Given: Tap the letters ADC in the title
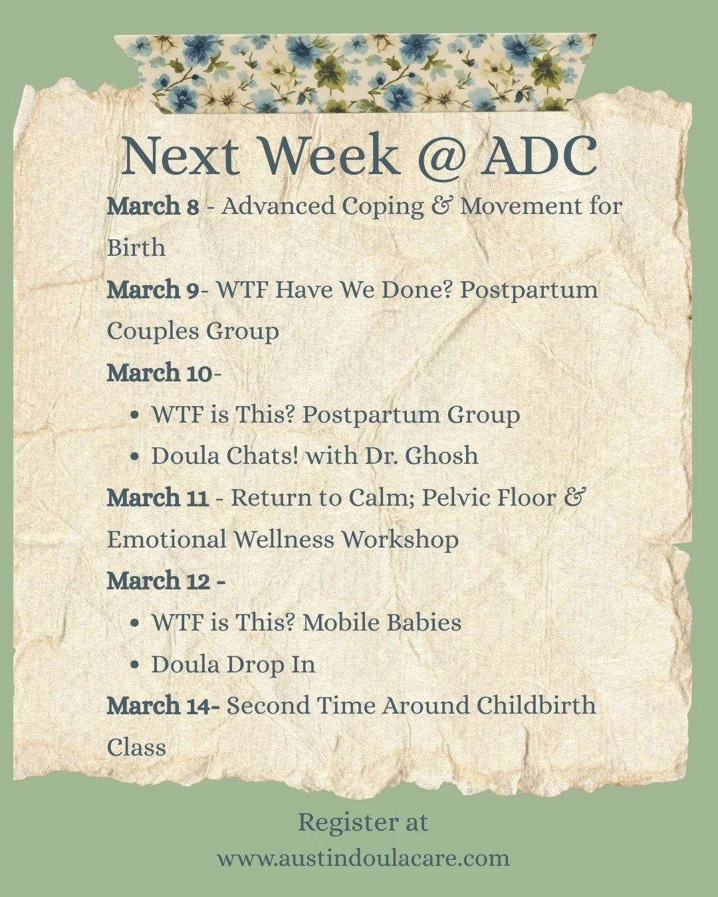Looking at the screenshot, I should click(539, 155).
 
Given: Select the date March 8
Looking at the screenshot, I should click(153, 206).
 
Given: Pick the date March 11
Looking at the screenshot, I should click(158, 498).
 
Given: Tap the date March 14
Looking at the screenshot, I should click(160, 705).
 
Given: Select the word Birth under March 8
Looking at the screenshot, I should click(136, 248).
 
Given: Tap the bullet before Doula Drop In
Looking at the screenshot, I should click(136, 665).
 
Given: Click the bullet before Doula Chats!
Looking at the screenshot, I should click(136, 457).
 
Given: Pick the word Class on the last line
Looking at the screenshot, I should click(136, 747).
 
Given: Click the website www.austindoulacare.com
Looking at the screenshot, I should click(363, 858).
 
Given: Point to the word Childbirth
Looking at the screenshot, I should click(536, 705).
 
